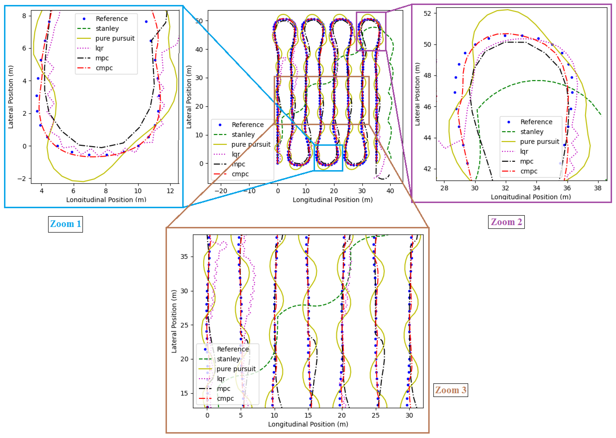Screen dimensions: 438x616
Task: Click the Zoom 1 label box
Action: (65, 224)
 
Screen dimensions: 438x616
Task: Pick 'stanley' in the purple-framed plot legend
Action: (532, 132)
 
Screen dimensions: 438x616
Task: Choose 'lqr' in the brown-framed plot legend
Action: (221, 379)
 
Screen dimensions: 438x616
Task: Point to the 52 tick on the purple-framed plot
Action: (428, 13)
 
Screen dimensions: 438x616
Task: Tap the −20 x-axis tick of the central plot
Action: (221, 191)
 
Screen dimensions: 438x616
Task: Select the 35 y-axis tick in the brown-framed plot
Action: (184, 257)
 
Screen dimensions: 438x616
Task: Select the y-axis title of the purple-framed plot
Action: (417, 94)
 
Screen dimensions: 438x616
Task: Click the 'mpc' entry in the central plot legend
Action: (238, 164)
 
